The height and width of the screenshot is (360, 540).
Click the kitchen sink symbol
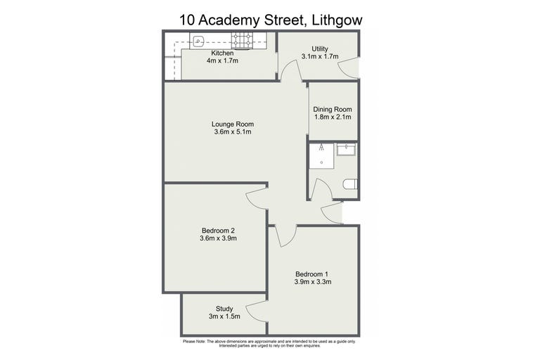pyautogui.click(x=199, y=42)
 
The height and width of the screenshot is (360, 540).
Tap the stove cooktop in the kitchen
pyautogui.click(x=242, y=40)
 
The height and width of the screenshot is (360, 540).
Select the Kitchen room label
pyautogui.click(x=222, y=53)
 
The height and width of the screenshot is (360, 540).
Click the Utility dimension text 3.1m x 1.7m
pyautogui.click(x=320, y=56)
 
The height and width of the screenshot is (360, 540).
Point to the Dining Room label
pyautogui.click(x=333, y=109)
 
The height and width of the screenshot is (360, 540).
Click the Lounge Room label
pyautogui.click(x=233, y=124)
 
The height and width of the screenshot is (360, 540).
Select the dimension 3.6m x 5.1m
pyautogui.click(x=233, y=132)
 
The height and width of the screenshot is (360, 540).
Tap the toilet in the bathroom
pyautogui.click(x=350, y=184)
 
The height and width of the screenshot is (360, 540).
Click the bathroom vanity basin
pyautogui.click(x=347, y=150)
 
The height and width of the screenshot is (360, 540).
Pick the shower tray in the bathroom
pyautogui.click(x=321, y=156)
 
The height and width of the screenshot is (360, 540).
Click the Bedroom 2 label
pyautogui.click(x=219, y=231)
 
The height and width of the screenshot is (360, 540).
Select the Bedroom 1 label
pyautogui.click(x=311, y=274)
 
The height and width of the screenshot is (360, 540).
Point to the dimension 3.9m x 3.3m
pyautogui.click(x=313, y=282)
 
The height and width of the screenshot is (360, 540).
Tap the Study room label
pyautogui.click(x=224, y=309)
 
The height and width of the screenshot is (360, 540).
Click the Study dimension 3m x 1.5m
pyautogui.click(x=224, y=316)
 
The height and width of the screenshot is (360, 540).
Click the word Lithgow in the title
pyautogui.click(x=337, y=20)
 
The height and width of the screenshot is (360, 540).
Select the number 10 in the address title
pyautogui.click(x=187, y=20)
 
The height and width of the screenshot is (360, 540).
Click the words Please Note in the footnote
pyautogui.click(x=194, y=342)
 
